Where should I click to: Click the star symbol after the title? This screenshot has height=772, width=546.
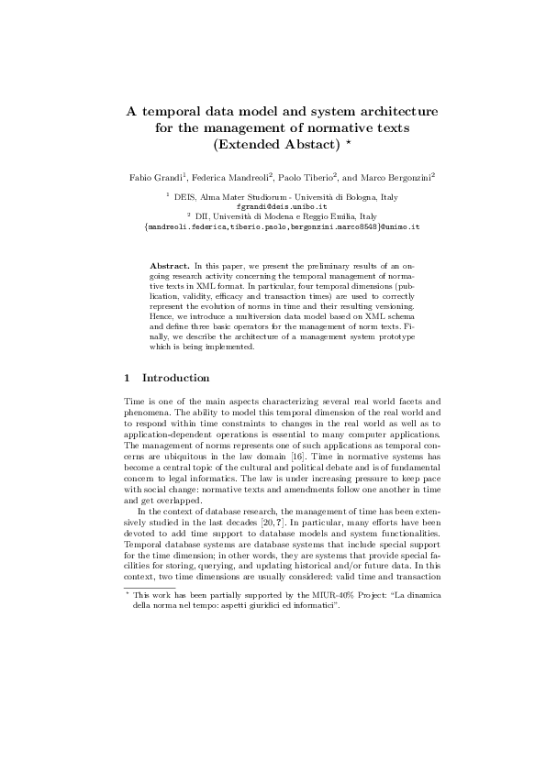[350, 143]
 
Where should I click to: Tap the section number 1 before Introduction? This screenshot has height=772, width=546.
[127, 378]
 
